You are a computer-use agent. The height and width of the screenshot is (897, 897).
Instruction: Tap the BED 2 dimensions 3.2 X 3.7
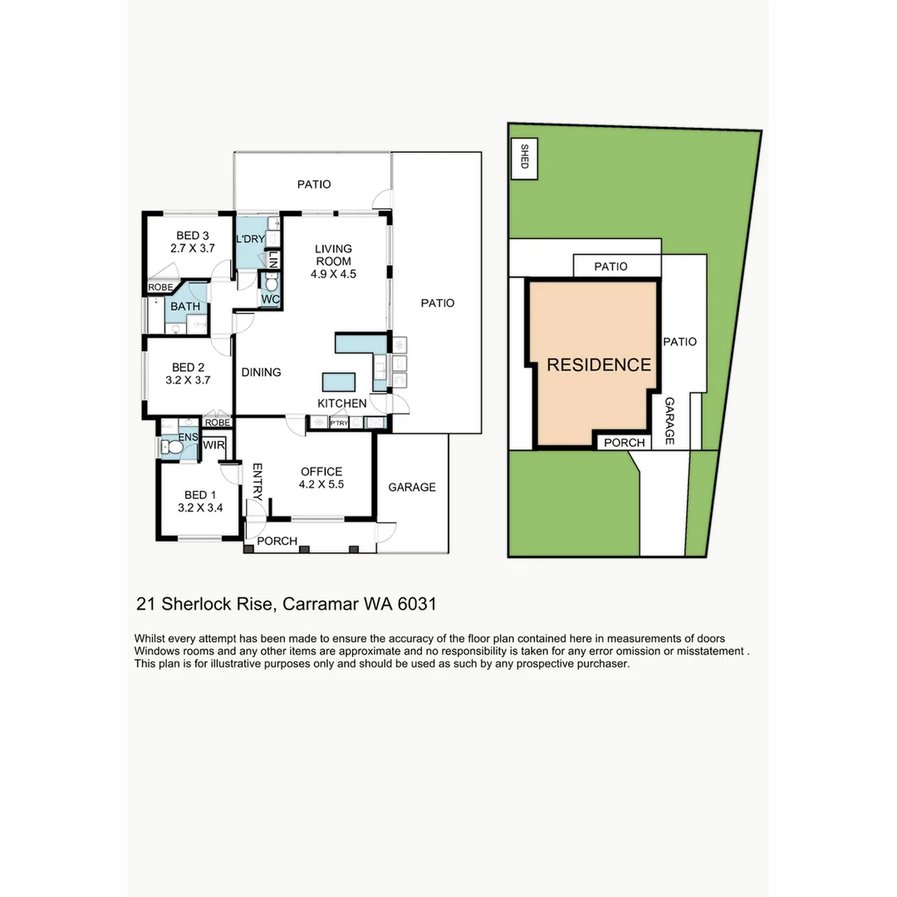(188, 381)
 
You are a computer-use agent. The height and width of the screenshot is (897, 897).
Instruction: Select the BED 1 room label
(188, 495)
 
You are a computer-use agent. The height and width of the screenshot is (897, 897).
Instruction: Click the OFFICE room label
(321, 472)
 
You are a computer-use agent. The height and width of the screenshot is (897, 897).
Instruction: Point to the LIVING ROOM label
(333, 254)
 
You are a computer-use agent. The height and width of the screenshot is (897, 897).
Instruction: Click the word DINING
(261, 372)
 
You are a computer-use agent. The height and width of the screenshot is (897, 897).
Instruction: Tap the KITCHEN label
(341, 404)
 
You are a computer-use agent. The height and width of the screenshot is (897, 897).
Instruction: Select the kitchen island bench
(339, 381)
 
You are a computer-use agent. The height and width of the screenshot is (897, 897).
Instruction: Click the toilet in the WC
(271, 283)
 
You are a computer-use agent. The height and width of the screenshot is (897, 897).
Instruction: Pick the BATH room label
(184, 306)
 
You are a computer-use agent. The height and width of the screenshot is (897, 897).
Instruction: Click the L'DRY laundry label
(250, 240)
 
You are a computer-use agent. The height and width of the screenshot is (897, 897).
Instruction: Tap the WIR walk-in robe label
(214, 445)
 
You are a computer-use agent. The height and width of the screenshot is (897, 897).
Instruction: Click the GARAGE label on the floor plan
(412, 488)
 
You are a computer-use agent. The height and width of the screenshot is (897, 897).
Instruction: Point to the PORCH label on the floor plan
(277, 541)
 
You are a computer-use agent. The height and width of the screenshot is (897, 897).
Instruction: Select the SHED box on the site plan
(523, 157)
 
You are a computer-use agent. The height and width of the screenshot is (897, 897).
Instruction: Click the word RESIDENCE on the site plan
(598, 365)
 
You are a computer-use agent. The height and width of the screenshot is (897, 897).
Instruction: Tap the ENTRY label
(257, 482)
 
